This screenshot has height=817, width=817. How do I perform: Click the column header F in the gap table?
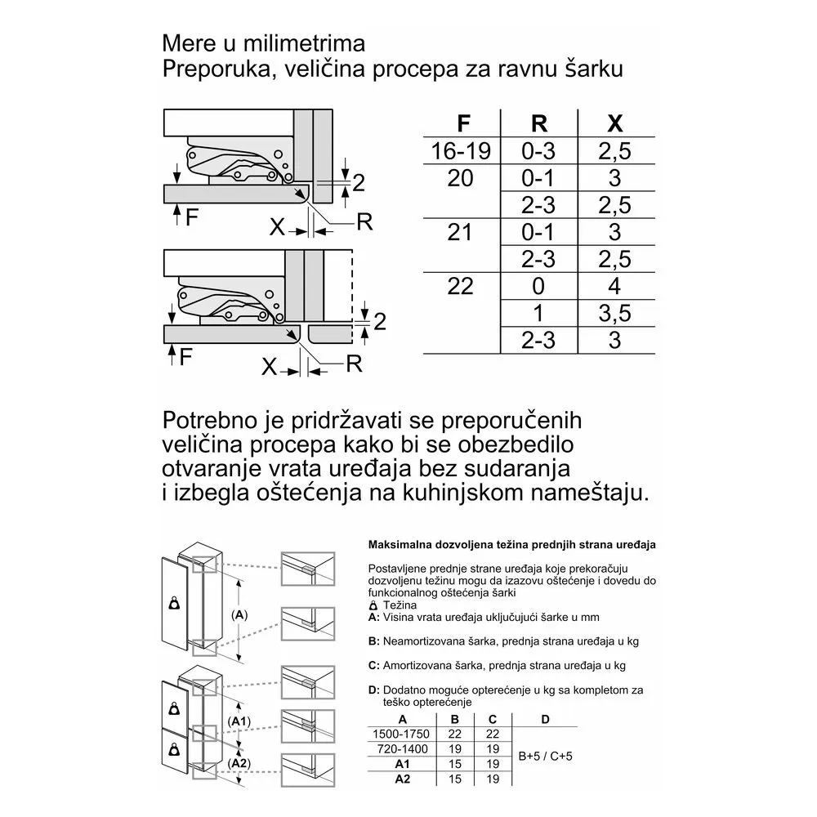click(464, 123)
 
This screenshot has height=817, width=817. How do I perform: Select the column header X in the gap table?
click(615, 123)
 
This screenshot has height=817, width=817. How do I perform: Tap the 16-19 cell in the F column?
click(461, 150)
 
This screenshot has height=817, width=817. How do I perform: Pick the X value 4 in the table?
click(615, 286)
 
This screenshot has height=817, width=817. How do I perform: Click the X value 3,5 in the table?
click(615, 313)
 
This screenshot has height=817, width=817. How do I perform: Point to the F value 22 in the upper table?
click(461, 286)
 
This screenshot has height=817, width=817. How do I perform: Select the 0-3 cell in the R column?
click(538, 150)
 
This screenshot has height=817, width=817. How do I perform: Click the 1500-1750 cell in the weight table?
click(400, 734)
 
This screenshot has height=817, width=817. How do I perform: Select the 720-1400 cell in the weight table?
click(400, 748)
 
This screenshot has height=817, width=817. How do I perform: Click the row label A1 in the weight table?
click(400, 763)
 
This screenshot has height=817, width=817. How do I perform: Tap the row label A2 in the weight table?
click(400, 779)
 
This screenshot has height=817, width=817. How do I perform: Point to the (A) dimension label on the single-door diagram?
click(239, 614)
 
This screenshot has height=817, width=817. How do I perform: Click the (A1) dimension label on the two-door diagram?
click(239, 721)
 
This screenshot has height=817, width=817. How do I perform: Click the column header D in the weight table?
click(546, 718)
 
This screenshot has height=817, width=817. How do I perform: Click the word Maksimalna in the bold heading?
click(400, 543)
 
